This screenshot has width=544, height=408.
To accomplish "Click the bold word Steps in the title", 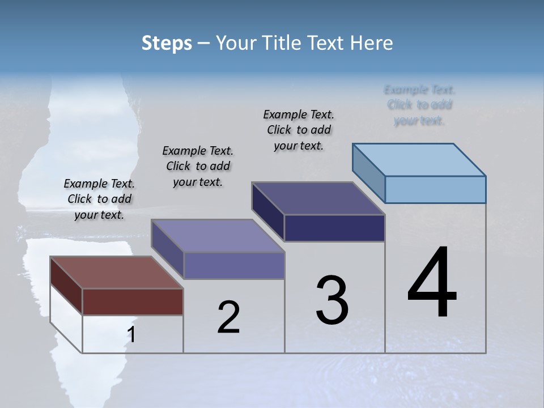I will pos(167,43).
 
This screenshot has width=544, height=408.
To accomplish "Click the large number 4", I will pos(432,283).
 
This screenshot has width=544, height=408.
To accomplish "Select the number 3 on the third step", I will pos(332,300).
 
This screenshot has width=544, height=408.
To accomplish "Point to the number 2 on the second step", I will pos(229,317).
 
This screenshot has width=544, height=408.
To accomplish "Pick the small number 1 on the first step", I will pos(131,335).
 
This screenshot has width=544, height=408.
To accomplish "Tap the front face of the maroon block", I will pos(133,301).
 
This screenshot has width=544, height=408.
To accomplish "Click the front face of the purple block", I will pos(233,265).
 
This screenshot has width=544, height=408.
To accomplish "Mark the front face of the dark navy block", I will pos(334,228).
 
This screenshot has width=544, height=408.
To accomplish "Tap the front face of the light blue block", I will pos(435,189).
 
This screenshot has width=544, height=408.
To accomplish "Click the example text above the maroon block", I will pos(99,199).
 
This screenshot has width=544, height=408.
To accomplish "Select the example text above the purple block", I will pos(198,166).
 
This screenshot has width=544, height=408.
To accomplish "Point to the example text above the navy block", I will pos(299,130).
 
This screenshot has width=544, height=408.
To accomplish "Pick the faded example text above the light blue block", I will pos(419,105).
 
